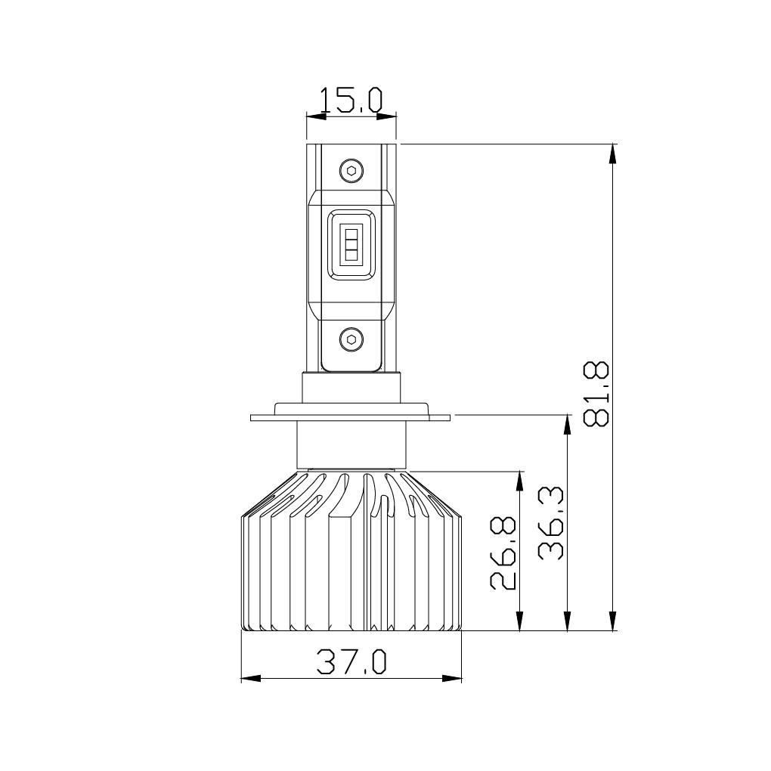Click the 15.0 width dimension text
coord(351,100)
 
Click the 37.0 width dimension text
coord(351,661)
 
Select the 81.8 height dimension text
coord(597,394)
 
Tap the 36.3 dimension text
coord(552,523)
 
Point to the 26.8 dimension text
coord(503,553)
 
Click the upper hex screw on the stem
coord(351,171)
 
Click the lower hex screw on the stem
coord(351,339)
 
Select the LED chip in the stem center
coord(351,243)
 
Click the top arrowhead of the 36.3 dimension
coord(567,424)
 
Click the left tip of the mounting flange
coord(252,416)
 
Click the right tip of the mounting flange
coord(451,416)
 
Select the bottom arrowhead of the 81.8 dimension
coord(613,621)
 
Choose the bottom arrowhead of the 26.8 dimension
coord(520,621)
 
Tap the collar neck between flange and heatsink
coord(351,444)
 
